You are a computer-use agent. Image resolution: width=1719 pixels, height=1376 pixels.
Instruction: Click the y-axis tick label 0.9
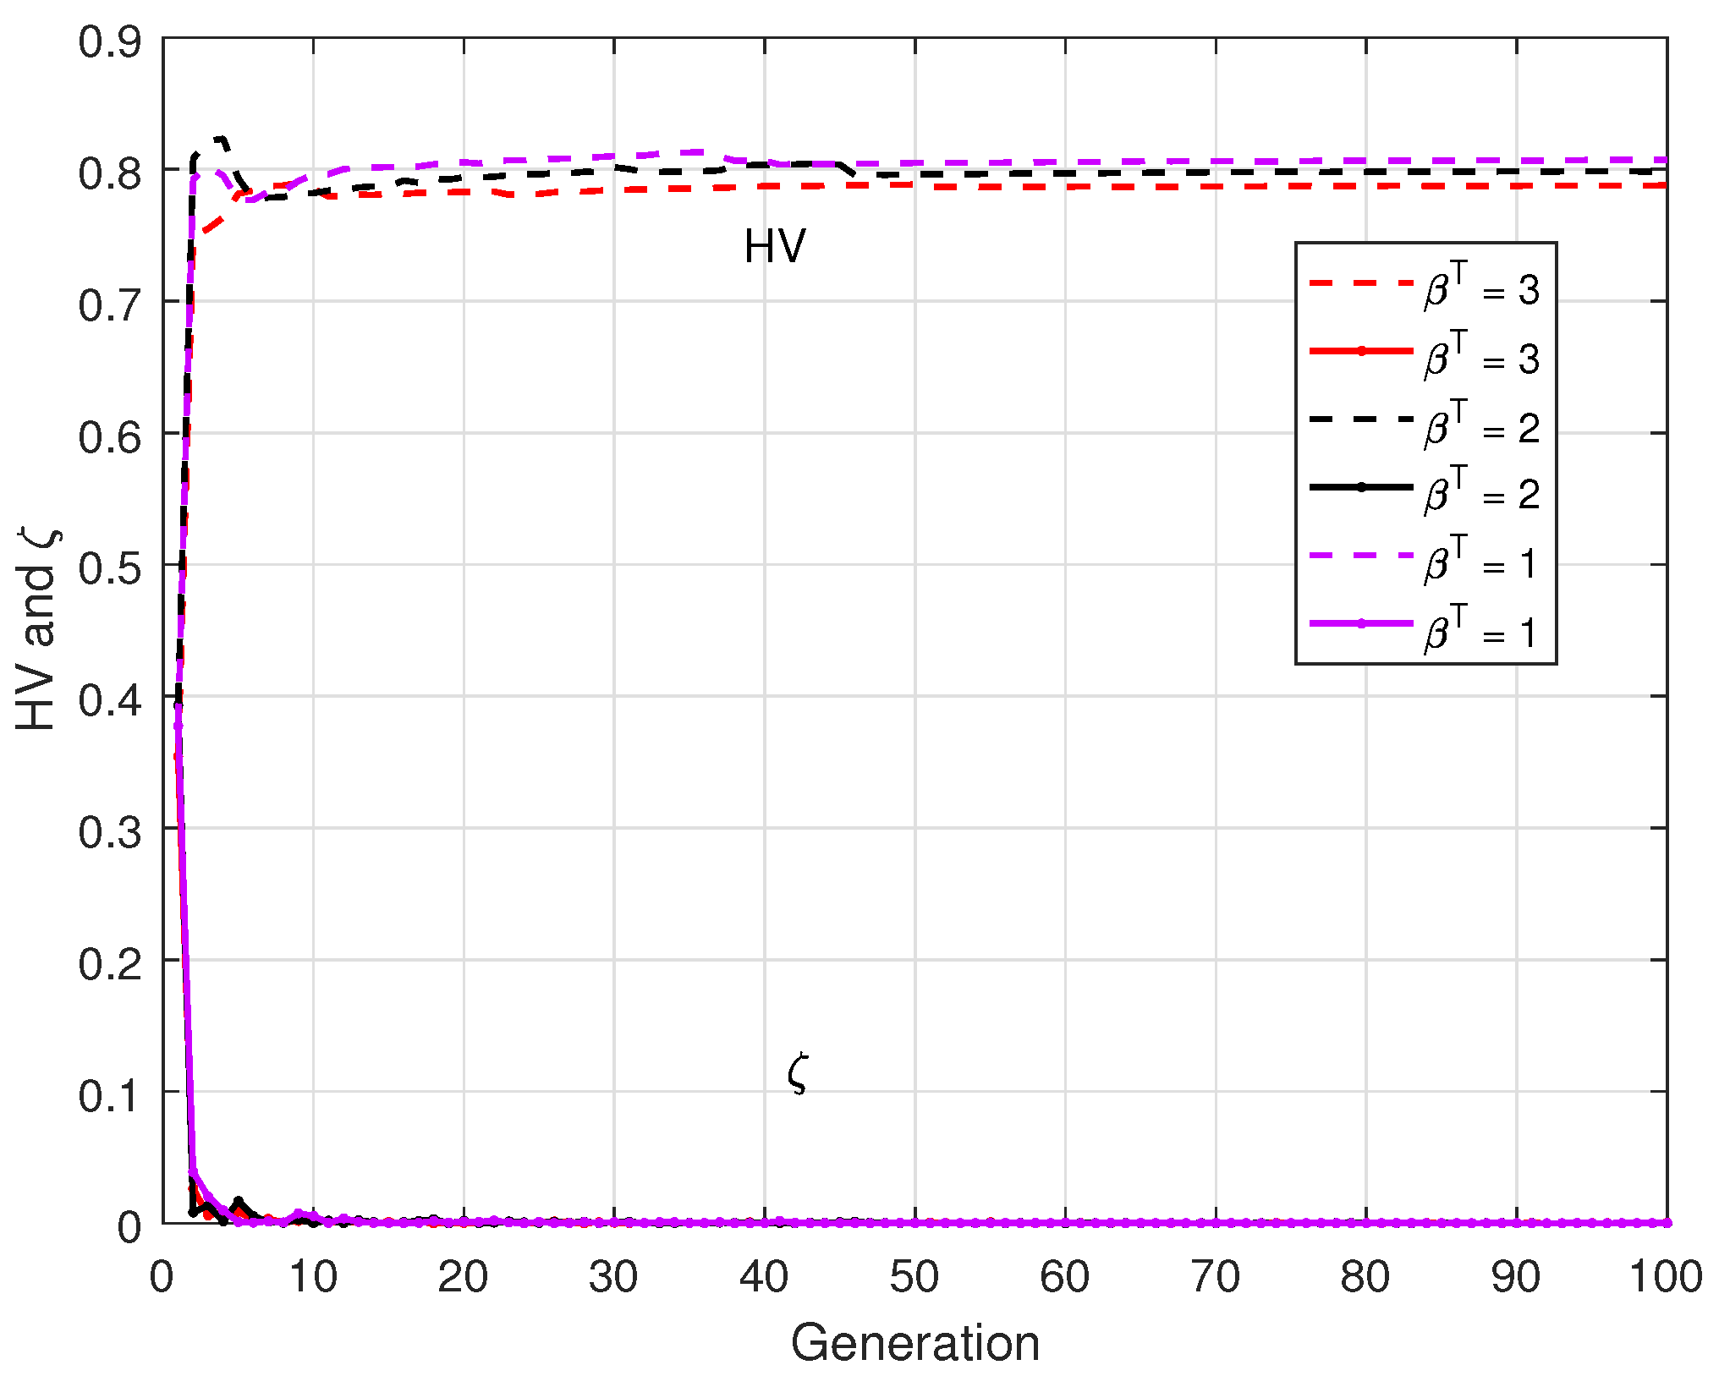click(110, 41)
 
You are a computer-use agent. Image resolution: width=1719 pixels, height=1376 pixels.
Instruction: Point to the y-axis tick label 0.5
click(110, 567)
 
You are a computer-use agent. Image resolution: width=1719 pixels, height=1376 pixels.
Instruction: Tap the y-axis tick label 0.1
click(110, 1095)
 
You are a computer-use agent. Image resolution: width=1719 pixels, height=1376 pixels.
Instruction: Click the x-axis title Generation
click(914, 1343)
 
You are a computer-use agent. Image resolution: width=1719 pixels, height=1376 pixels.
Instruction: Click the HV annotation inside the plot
click(774, 247)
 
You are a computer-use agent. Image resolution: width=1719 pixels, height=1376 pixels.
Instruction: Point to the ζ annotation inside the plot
click(797, 1074)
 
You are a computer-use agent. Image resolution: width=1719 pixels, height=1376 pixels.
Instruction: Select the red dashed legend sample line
click(1361, 282)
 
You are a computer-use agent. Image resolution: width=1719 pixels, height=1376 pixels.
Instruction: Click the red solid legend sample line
click(1361, 351)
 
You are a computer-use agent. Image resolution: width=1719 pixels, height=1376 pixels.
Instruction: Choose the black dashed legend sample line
click(1361, 419)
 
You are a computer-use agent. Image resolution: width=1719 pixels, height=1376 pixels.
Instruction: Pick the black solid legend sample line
click(1361, 487)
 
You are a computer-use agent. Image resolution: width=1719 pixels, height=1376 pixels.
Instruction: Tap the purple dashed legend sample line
click(1361, 556)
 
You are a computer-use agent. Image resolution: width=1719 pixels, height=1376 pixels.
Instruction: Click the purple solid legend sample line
click(1361, 623)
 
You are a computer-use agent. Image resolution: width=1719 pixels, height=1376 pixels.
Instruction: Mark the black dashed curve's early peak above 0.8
click(220, 138)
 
